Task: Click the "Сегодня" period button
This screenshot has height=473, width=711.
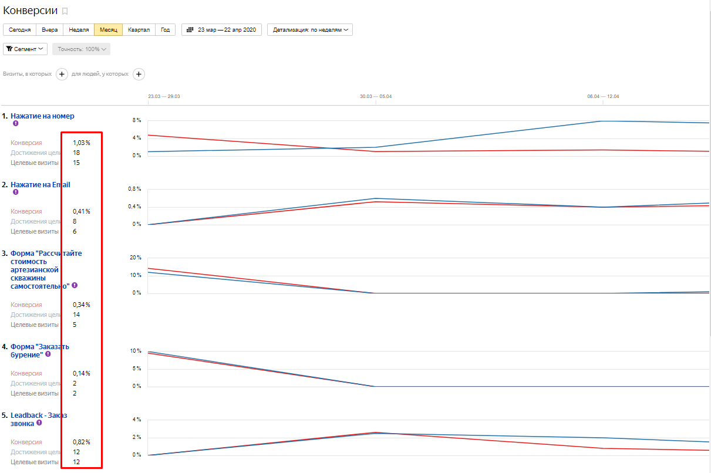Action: click(x=19, y=30)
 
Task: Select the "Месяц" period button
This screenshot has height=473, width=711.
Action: click(x=109, y=30)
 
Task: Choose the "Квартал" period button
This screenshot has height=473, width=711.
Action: click(x=139, y=30)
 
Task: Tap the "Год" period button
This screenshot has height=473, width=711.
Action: click(x=166, y=30)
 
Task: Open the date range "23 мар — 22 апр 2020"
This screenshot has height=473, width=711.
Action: click(x=221, y=30)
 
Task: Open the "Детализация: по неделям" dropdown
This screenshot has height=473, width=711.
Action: click(x=310, y=30)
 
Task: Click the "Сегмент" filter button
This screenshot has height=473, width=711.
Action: click(x=25, y=49)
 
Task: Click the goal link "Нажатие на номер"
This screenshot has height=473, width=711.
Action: click(x=42, y=116)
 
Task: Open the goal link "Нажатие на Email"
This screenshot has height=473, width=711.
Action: click(x=40, y=185)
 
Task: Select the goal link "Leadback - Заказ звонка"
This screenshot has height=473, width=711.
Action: click(x=39, y=415)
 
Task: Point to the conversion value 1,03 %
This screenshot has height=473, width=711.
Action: click(x=82, y=143)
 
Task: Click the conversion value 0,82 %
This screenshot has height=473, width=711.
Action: click(x=82, y=442)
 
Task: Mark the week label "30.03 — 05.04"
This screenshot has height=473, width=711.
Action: click(x=375, y=96)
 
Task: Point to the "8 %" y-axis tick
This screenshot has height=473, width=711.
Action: click(x=136, y=120)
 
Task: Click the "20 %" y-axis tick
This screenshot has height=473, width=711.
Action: click(x=135, y=258)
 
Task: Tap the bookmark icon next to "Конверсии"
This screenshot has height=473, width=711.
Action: click(x=65, y=11)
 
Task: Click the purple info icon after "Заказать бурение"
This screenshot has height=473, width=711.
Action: click(x=48, y=354)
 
